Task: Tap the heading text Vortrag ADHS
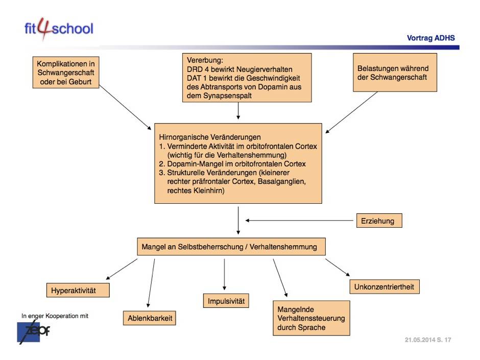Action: pyautogui.click(x=430, y=38)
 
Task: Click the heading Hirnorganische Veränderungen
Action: pyautogui.click(x=210, y=137)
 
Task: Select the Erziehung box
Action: pyautogui.click(x=378, y=221)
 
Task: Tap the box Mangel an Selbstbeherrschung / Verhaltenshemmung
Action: pyautogui.click(x=230, y=247)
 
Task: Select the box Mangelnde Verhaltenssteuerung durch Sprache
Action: pyautogui.click(x=311, y=318)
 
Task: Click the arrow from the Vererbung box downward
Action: pyautogui.click(x=238, y=110)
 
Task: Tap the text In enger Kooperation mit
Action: pyautogui.click(x=55, y=316)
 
